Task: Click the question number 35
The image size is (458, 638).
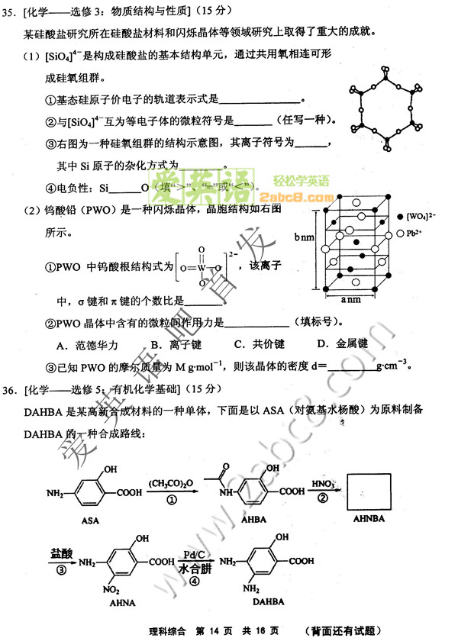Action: point(11,11)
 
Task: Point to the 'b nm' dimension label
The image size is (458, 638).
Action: point(305,237)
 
